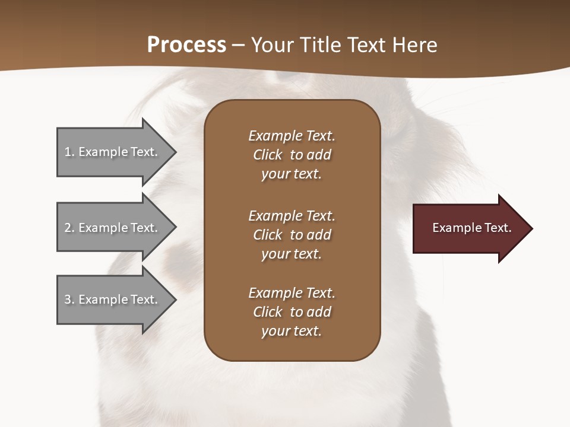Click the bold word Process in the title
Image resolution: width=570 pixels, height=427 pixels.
(186, 45)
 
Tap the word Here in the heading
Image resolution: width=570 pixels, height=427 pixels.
(414, 45)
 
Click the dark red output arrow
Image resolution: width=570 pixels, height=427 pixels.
(463, 228)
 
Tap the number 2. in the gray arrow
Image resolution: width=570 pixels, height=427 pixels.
(69, 228)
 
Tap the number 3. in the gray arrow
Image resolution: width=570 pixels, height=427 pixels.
(69, 299)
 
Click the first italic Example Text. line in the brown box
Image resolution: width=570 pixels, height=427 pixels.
(292, 136)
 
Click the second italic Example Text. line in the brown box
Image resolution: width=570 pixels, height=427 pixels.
(292, 215)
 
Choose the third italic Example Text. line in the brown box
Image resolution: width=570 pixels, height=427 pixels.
(292, 293)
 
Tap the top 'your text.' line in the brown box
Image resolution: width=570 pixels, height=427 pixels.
(291, 174)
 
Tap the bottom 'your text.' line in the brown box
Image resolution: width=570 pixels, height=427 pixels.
(291, 331)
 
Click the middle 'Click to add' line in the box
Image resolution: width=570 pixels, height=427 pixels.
(292, 235)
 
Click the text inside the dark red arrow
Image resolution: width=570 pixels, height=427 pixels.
(471, 228)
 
